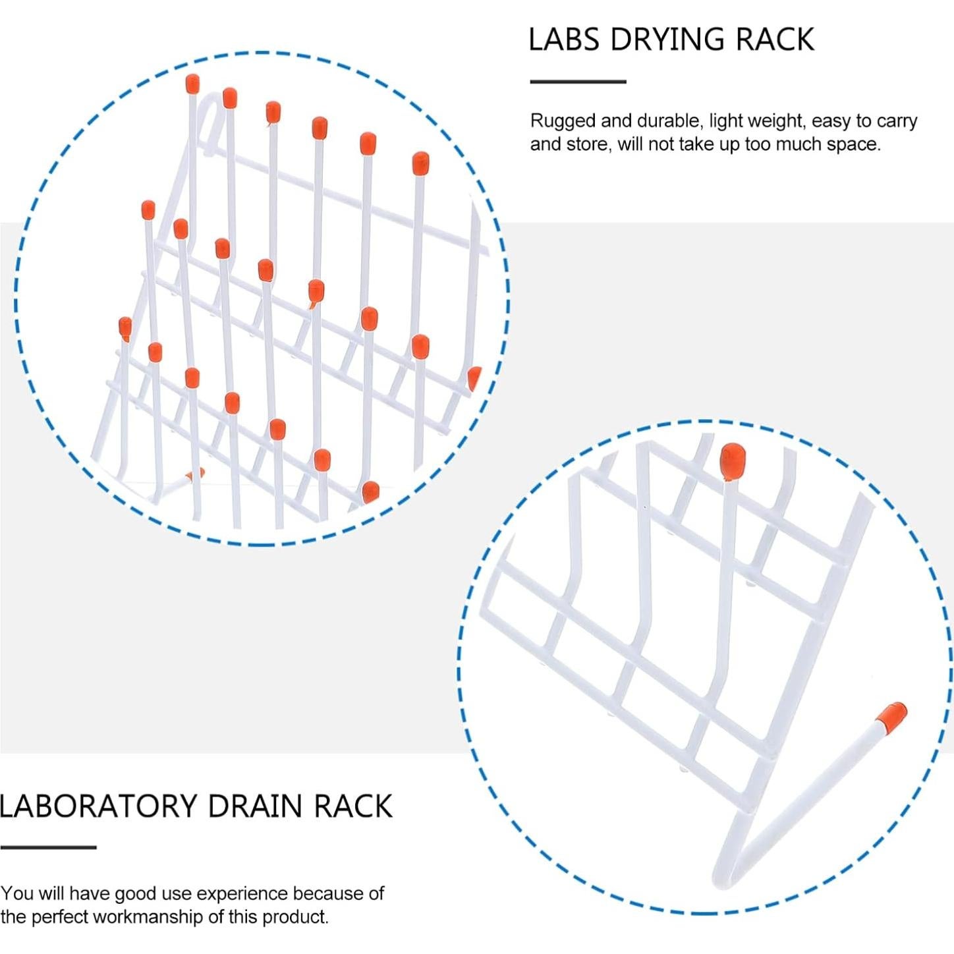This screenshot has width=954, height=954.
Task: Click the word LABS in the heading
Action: pos(564,40)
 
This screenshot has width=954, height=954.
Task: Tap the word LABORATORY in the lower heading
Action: pos(98,806)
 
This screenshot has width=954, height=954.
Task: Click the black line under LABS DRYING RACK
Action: pos(578,82)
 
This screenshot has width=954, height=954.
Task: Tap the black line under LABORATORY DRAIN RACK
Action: pos(48,847)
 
